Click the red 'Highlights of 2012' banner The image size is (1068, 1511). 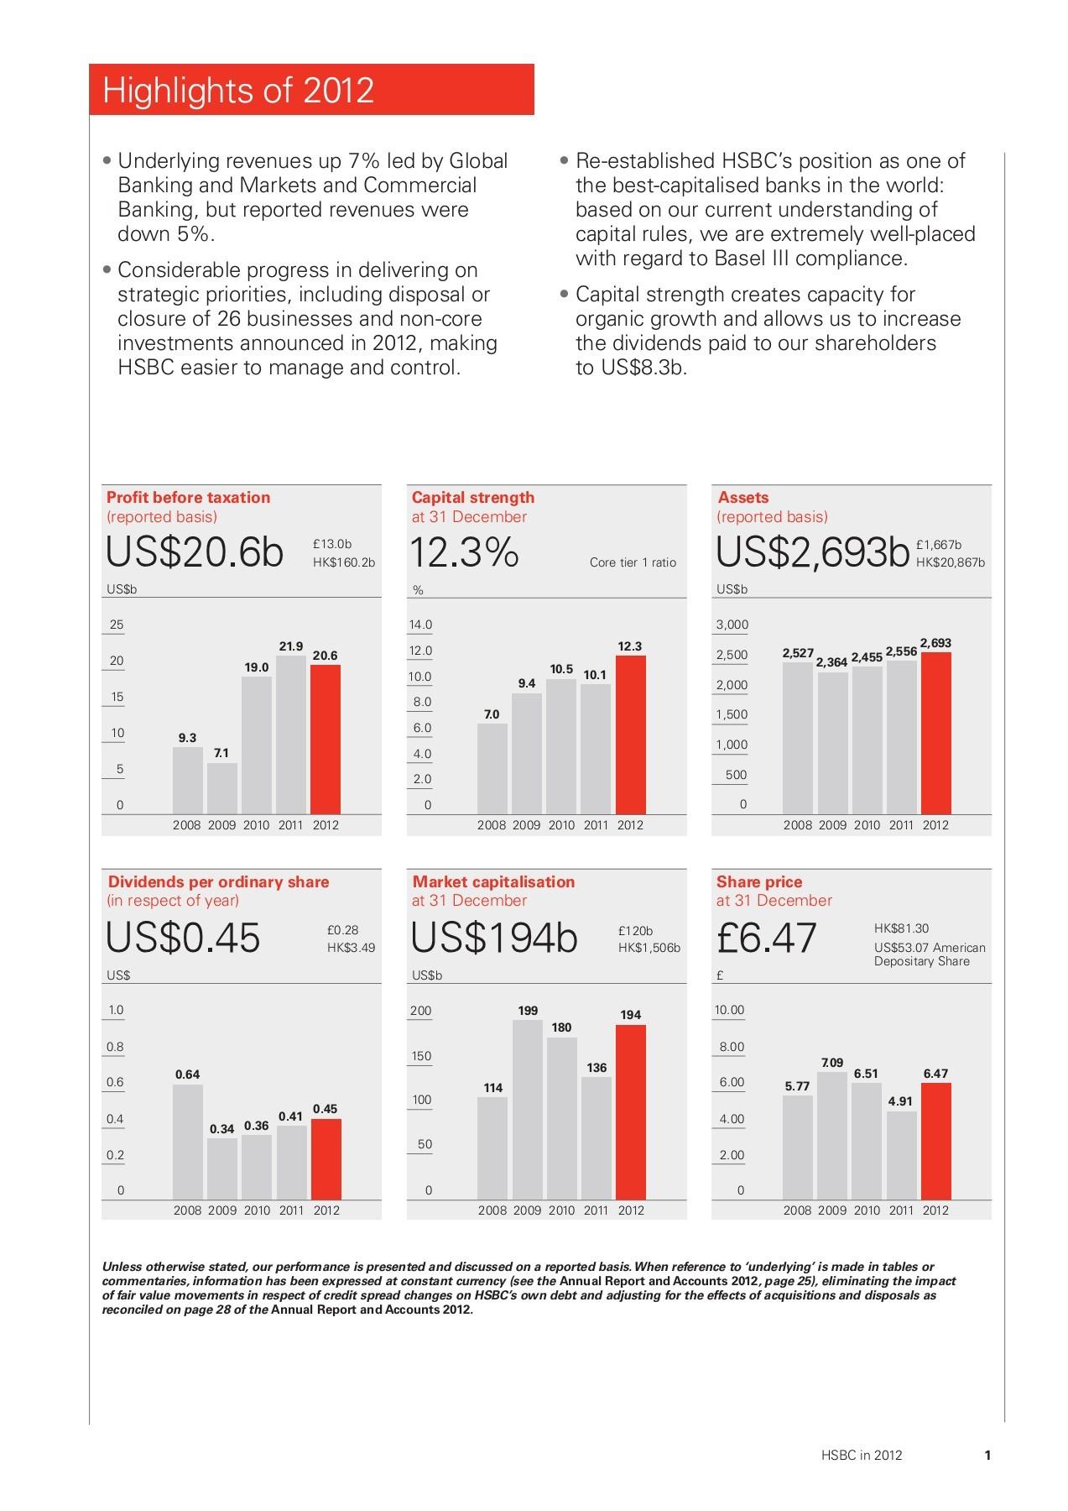(x=311, y=90)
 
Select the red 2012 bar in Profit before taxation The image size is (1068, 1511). (x=326, y=739)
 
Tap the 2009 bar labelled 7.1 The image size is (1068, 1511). (x=222, y=787)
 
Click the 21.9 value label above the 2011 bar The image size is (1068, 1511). (x=290, y=646)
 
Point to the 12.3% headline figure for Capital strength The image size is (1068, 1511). (x=464, y=553)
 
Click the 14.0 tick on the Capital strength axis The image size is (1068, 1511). (x=420, y=625)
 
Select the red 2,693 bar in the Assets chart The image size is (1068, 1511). (x=935, y=733)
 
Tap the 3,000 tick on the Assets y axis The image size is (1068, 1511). (x=732, y=625)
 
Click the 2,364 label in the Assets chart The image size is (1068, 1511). (x=831, y=662)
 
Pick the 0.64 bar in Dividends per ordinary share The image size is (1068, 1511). (x=188, y=1141)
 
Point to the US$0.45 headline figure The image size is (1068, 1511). (x=183, y=938)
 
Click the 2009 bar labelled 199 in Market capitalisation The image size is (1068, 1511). (x=528, y=1108)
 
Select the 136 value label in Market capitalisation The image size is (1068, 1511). (x=597, y=1068)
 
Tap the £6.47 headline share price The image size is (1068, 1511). (x=767, y=938)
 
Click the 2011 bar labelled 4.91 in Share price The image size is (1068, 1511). (x=901, y=1154)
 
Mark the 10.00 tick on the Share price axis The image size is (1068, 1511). (x=729, y=1010)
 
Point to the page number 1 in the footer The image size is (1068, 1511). (x=988, y=1455)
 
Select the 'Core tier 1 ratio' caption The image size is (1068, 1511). (x=633, y=562)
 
